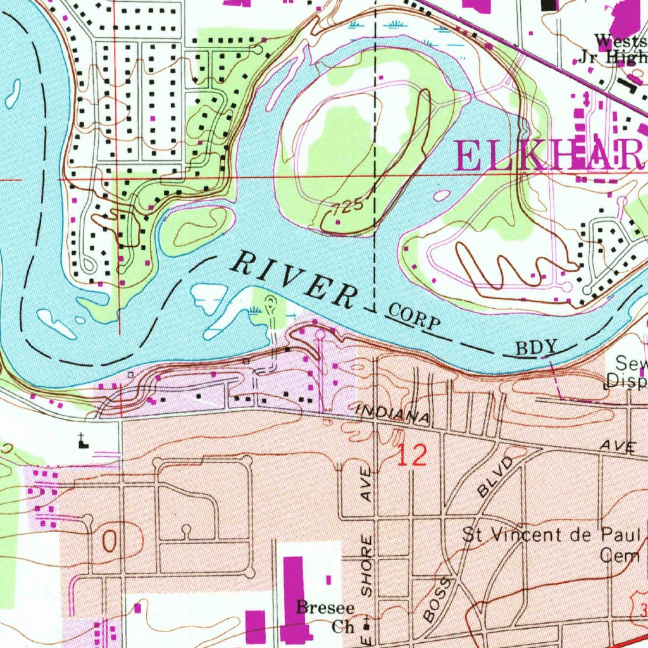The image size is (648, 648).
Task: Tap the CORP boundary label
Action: tap(414, 316)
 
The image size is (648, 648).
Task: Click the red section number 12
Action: tap(411, 455)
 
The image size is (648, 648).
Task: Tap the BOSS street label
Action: tap(439, 599)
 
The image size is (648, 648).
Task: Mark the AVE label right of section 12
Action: tap(618, 447)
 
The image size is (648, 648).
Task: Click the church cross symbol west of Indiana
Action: tap(82, 440)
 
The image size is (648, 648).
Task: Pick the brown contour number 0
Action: tap(109, 542)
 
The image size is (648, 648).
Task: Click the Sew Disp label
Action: tap(626, 372)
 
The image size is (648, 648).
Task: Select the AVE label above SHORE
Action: tap(366, 490)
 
